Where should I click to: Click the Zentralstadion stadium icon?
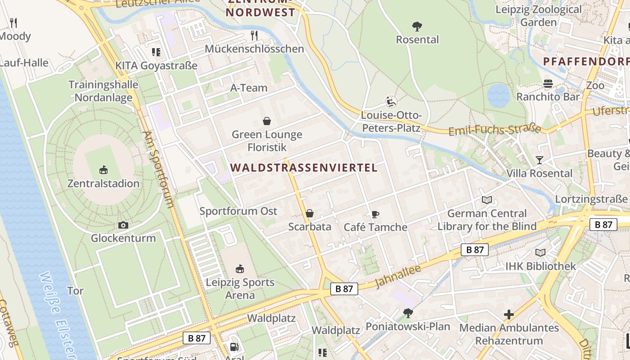103,170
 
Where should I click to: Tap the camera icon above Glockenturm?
123,225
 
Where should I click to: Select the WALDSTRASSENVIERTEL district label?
304,168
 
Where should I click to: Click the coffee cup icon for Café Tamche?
375,214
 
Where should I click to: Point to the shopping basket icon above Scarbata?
310,213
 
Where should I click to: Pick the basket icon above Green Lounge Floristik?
267,121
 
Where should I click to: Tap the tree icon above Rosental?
417,26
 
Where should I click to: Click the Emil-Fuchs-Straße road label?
495,130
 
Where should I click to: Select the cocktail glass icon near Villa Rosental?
539,160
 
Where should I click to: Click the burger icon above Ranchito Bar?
548,83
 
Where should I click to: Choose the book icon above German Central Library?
486,200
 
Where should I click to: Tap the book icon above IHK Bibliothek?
540,253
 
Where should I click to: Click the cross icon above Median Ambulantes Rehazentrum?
509,314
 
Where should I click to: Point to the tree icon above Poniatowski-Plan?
408,312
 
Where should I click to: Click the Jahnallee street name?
398,276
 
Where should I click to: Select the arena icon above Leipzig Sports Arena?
240,269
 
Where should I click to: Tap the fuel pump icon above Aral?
234,346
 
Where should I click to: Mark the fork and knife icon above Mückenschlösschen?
254,35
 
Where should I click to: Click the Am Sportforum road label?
158,169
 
